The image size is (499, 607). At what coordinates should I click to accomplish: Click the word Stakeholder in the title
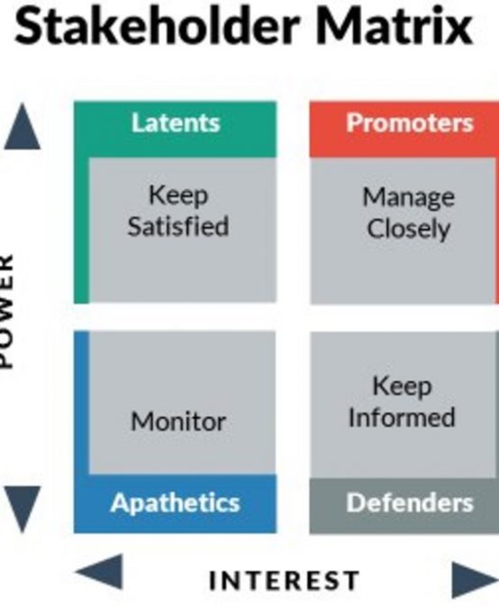click(x=157, y=25)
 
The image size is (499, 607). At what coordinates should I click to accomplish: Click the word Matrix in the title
click(x=395, y=25)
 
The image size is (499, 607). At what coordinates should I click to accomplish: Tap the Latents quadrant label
click(x=176, y=122)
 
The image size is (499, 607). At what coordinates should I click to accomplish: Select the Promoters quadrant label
click(x=410, y=122)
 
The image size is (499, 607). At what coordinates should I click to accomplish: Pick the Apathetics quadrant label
click(x=176, y=503)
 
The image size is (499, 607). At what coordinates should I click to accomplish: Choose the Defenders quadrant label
click(x=410, y=503)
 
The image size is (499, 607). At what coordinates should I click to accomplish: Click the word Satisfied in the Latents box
click(x=178, y=226)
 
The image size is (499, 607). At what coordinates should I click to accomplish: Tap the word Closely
click(x=409, y=229)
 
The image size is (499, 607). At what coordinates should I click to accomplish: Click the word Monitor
click(x=178, y=421)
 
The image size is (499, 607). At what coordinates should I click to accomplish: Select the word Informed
click(x=402, y=417)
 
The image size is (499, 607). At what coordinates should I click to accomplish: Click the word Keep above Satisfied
click(x=178, y=195)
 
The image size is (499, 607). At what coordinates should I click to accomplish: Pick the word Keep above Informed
click(x=402, y=386)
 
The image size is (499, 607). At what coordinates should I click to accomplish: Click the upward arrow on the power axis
click(x=22, y=126)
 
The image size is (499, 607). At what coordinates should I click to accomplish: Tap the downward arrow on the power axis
click(x=22, y=509)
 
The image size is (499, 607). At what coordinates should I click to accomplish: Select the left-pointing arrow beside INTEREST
click(x=99, y=571)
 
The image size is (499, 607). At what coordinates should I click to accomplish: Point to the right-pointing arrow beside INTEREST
click(x=476, y=579)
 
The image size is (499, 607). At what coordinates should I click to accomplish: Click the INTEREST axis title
click(x=285, y=580)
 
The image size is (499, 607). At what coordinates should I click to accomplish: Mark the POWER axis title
click(x=7, y=311)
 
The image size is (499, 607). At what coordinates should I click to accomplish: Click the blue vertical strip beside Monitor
click(x=81, y=403)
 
